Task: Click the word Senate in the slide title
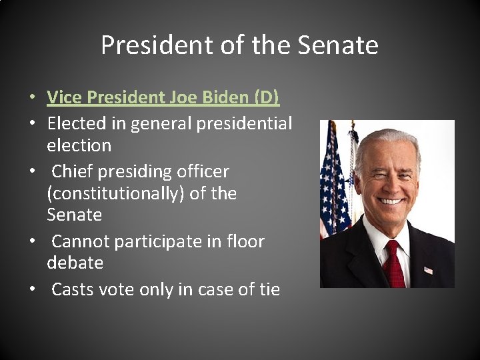[x=338, y=45]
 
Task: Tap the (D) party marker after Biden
[x=267, y=97]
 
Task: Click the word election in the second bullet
[x=79, y=145]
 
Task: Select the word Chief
[x=70, y=171]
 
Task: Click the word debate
[x=75, y=263]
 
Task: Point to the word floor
[x=246, y=241]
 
